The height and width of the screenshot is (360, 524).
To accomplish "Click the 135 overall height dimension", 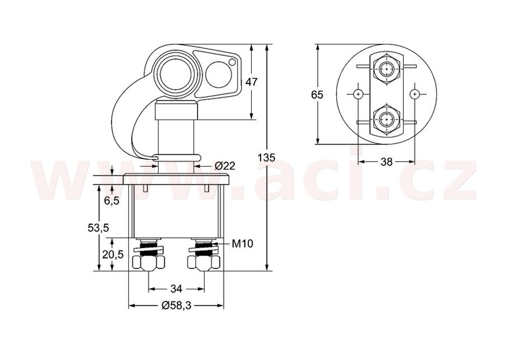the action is tap(267, 157).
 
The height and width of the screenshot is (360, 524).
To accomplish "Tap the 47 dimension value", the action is tap(252, 81).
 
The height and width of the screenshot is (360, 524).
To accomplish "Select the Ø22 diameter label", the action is tap(225, 166).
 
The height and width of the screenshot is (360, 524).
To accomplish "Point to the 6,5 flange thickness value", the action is tap(111, 200).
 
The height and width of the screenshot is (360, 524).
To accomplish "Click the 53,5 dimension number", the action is tap(98, 228).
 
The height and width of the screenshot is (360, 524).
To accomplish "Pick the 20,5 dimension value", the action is tap(113, 255).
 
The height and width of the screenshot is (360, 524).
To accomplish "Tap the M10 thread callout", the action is tap(243, 244).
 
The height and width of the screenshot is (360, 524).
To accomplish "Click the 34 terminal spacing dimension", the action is tap(176, 288).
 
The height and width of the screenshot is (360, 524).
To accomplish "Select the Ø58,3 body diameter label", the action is tap(176, 305).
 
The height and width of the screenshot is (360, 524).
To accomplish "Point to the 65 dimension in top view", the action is tap(317, 95).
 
